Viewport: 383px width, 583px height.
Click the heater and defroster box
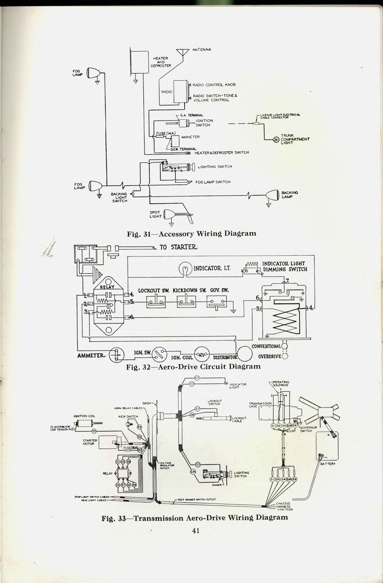coord(138,62)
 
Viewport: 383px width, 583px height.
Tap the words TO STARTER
coord(179,247)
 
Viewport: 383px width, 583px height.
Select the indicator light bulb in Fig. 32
coord(185,269)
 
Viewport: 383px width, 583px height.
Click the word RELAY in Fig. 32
coord(108,287)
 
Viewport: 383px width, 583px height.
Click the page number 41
coord(196,531)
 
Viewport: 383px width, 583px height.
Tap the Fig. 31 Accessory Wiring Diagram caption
coord(191,234)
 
